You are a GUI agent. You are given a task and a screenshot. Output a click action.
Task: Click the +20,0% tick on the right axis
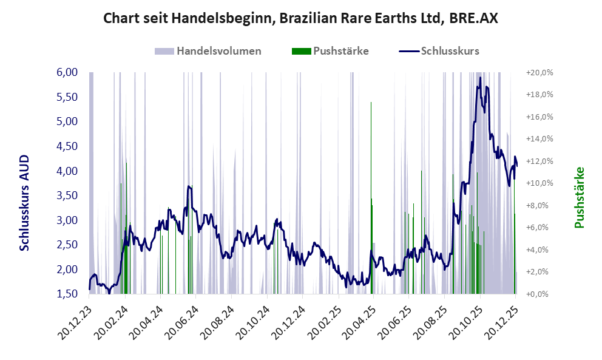point(539,72)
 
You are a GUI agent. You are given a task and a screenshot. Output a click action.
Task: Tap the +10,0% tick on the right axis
point(539,183)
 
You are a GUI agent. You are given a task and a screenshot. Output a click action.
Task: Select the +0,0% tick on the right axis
point(539,294)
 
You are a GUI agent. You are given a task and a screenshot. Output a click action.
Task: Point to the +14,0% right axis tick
point(539,139)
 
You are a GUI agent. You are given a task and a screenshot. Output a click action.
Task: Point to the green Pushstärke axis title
point(579,197)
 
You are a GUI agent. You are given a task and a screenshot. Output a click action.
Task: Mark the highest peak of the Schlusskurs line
point(480,78)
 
